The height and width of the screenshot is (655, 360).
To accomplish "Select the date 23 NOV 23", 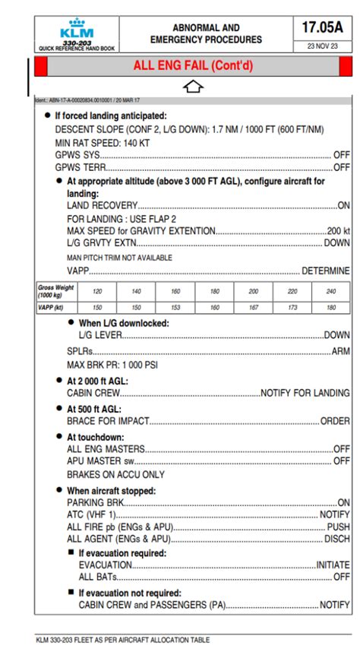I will click(323, 46).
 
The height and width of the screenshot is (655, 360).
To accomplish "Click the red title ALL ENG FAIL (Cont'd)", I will click(193, 66).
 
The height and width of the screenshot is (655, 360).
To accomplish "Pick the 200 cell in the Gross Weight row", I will click(254, 291).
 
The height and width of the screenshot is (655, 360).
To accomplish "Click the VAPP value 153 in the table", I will click(175, 308).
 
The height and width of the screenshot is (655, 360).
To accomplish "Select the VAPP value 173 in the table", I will click(293, 308).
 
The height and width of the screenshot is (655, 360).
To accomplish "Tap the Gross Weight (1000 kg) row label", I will click(56, 291).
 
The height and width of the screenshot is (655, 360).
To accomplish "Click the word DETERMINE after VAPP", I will click(326, 271).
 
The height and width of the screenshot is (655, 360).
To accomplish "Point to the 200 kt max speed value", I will click(338, 231).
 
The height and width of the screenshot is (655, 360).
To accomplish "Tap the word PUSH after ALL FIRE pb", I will click(338, 527).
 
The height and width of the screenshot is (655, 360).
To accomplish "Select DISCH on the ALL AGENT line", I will click(336, 539).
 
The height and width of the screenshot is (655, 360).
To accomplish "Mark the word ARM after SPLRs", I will click(341, 352).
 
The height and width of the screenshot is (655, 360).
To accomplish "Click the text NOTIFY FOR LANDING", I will click(305, 393).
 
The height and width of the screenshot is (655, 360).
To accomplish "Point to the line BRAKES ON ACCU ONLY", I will click(115, 474).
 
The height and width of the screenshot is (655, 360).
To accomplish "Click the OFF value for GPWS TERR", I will click(342, 166).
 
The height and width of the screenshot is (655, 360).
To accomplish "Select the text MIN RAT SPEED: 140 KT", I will click(103, 142).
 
